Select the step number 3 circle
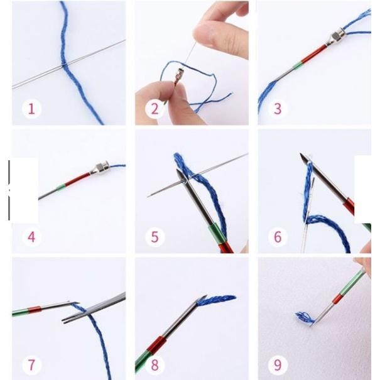pyautogui.click(x=277, y=109)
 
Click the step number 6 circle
pyautogui.click(x=277, y=237)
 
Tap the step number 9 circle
pyautogui.click(x=277, y=364)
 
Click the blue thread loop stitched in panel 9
pyautogui.click(x=305, y=318)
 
